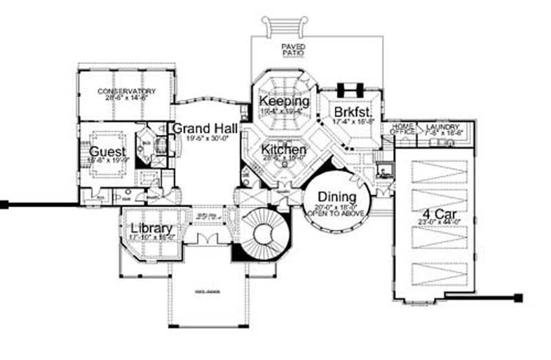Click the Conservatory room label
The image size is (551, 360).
126,92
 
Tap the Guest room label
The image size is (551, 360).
106,151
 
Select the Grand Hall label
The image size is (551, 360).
205,128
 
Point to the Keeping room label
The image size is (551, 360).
284,102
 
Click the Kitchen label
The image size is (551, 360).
283,149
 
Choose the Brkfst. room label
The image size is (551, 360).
353,112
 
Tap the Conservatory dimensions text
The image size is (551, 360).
126,98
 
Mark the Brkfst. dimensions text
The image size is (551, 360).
353,121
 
